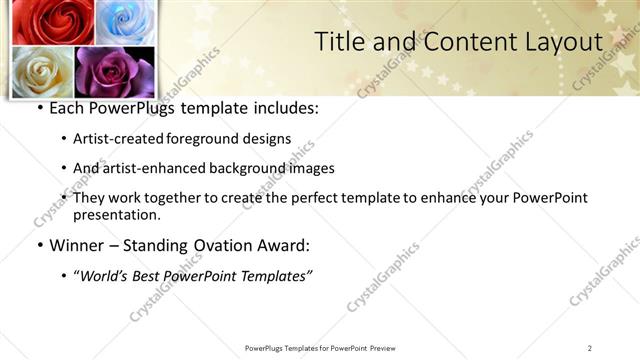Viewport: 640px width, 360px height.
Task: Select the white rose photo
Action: pos(42,72)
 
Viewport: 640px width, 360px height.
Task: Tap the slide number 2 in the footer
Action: pos(589,348)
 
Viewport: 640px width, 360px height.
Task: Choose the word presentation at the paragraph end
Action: pos(116,214)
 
